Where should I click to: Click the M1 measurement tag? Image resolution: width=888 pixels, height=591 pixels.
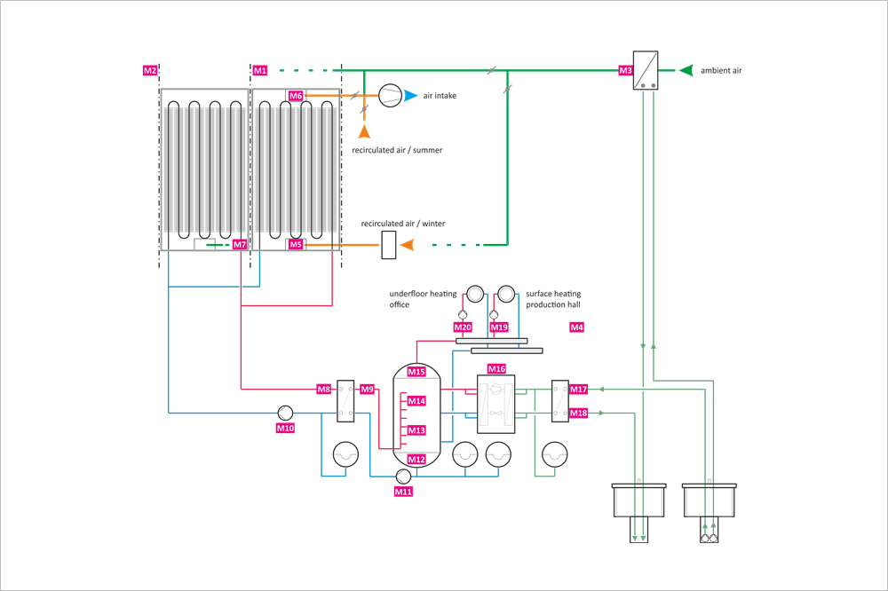tap(260, 71)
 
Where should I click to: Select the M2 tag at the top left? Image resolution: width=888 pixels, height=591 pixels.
tap(150, 71)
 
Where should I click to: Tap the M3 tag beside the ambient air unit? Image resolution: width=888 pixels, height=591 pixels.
tap(625, 71)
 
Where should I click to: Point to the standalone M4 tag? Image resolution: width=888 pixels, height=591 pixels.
tap(576, 327)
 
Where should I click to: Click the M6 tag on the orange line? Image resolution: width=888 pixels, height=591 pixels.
tap(296, 96)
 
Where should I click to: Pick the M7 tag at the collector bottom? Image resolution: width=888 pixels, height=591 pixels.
tap(240, 245)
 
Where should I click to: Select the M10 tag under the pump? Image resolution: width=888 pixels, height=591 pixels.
tap(285, 429)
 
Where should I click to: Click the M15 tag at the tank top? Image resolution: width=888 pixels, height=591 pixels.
tap(416, 372)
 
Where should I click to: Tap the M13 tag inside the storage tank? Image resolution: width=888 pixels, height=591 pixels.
tap(416, 430)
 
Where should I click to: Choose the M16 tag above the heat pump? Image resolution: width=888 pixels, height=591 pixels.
tap(496, 369)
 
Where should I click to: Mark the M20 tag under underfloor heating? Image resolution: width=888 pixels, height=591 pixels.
tap(463, 327)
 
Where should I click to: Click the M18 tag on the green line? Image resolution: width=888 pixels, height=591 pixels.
tap(579, 414)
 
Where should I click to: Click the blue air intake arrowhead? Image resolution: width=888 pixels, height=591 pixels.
tap(410, 96)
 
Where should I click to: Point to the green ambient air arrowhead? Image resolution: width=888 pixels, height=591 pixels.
tap(686, 70)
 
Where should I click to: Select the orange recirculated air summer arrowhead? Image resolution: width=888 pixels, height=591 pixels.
tap(364, 132)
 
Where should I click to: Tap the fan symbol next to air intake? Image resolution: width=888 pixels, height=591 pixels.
tap(390, 96)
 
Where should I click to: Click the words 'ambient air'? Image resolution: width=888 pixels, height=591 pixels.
tap(721, 71)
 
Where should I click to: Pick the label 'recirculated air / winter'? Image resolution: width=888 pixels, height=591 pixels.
tap(403, 224)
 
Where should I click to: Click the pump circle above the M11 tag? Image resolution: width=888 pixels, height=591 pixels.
tap(403, 477)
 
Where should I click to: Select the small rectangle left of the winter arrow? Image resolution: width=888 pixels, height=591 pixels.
tap(389, 245)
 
